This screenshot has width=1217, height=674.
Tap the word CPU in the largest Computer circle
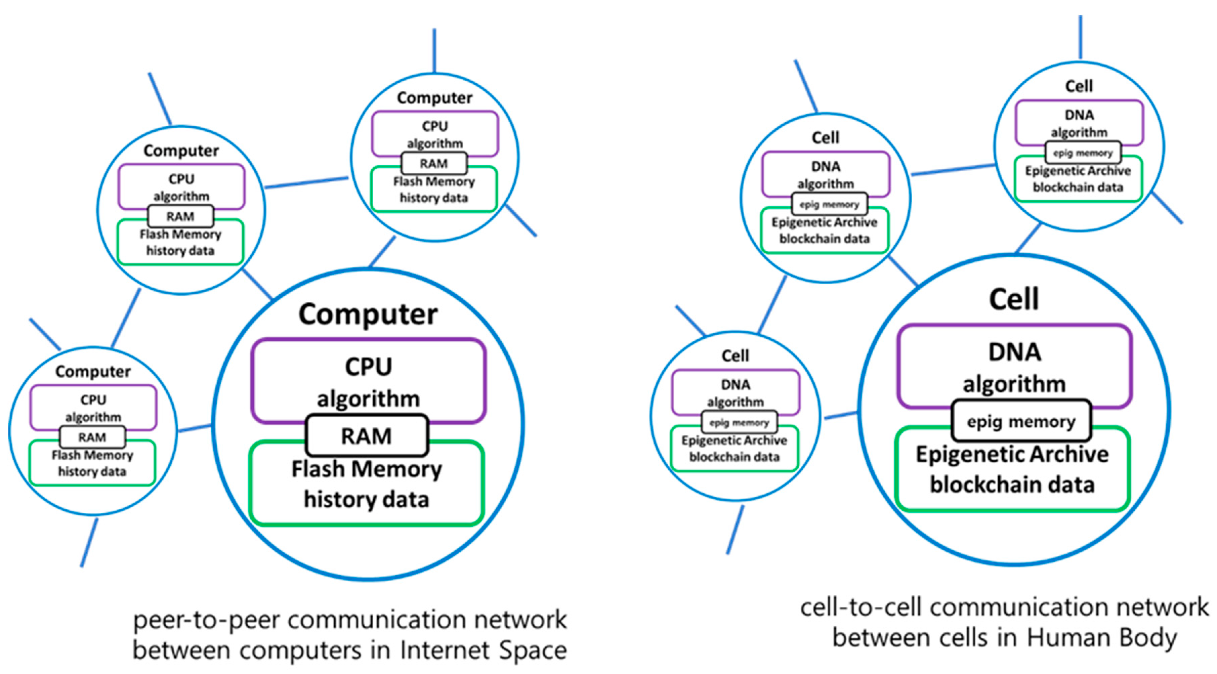point(368,367)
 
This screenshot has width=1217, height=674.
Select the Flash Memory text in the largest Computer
point(367,469)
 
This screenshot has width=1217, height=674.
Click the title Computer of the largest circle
point(368,314)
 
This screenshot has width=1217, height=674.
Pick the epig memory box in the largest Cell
point(1021,421)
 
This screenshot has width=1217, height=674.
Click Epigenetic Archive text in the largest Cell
point(1012,454)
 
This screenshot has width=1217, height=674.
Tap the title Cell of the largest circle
point(1014,299)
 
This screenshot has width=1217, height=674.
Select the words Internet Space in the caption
point(483,650)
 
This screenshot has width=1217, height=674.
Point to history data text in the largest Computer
point(367,500)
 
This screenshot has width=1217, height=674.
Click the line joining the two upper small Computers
point(307,183)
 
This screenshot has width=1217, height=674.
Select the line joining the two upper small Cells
point(953,170)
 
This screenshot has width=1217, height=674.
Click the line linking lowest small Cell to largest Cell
point(841,416)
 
